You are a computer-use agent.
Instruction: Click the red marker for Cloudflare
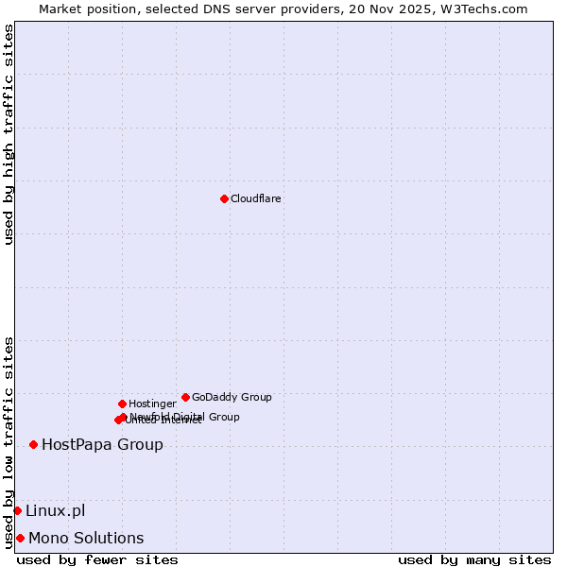pos(224,198)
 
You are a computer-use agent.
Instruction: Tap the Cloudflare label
pos(256,198)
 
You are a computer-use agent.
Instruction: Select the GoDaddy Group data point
pos(185,397)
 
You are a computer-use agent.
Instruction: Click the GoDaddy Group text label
pos(232,397)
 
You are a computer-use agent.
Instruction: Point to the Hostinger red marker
pos(122,404)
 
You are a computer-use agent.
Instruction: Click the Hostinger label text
pos(152,404)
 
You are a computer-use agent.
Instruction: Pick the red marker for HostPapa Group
pos(33,444)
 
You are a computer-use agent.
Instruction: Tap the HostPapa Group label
pos(102,444)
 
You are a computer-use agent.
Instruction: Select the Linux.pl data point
pos(17,510)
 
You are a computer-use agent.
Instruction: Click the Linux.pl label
pos(55,510)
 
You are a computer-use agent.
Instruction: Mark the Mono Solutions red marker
pos(20,538)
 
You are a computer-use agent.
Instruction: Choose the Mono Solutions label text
pos(86,538)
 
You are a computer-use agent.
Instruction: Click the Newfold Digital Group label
pos(185,416)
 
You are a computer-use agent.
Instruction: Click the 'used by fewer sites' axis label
pos(97,559)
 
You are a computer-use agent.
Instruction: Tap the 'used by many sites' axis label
pos(474,559)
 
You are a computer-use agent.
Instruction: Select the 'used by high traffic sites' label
pos(9,134)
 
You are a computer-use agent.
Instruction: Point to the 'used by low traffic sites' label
pos(9,441)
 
